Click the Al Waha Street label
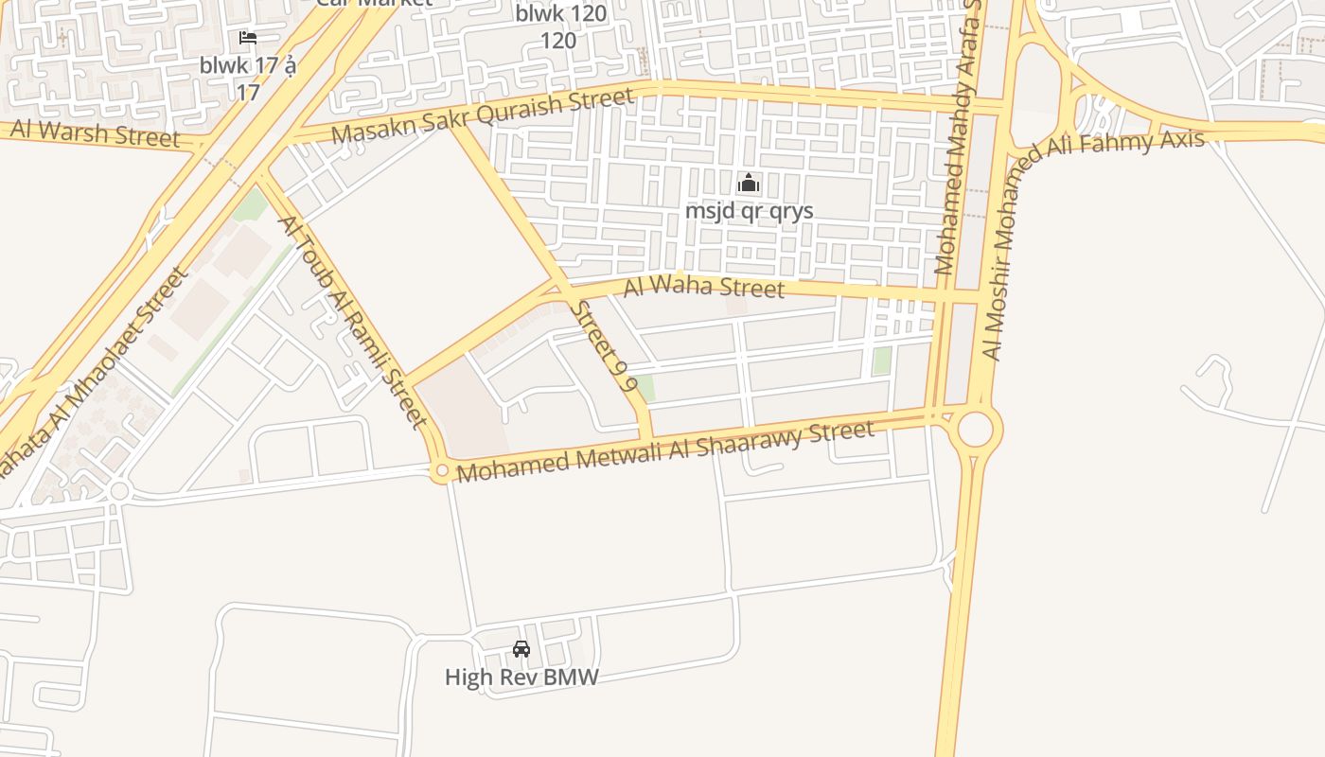[x=703, y=286]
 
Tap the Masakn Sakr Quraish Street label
[x=483, y=116]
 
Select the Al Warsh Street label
[x=95, y=132]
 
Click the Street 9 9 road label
[x=602, y=346]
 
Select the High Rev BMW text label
[x=521, y=677]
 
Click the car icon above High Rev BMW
[x=521, y=649]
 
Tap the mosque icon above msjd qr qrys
[x=749, y=183]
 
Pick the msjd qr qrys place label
[x=749, y=210]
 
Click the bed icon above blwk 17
[x=248, y=38]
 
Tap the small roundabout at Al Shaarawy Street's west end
[x=440, y=471]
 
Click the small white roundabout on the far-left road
[x=119, y=491]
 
